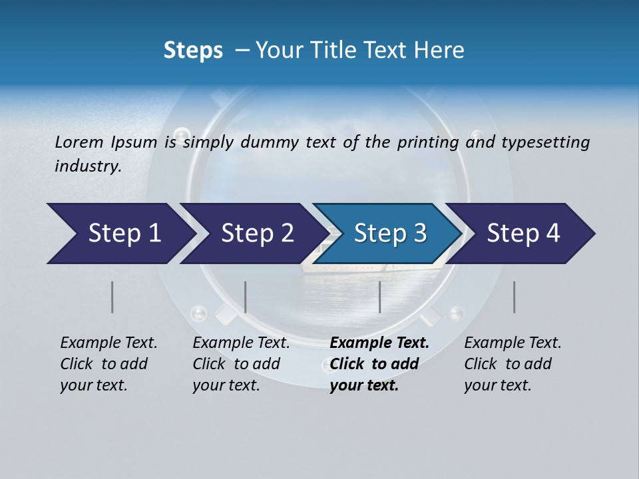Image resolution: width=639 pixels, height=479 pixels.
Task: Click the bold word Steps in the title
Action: [193, 51]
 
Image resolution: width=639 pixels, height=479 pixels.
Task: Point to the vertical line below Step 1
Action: [112, 297]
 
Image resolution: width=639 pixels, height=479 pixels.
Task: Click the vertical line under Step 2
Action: [246, 297]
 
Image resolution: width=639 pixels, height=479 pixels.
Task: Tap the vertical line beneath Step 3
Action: [379, 297]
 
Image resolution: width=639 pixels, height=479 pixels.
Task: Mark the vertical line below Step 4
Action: [515, 297]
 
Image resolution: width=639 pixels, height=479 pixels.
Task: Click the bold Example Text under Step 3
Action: [379, 343]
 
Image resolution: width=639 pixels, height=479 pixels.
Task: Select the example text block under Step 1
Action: [108, 364]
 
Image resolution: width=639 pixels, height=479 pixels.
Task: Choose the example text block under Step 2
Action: [241, 364]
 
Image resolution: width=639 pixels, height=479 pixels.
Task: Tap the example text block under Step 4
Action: [513, 364]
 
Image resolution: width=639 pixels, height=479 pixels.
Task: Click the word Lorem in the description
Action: [79, 142]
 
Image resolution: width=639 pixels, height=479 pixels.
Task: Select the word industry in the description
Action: [87, 166]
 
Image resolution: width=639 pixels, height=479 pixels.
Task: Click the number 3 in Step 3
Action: [419, 234]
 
